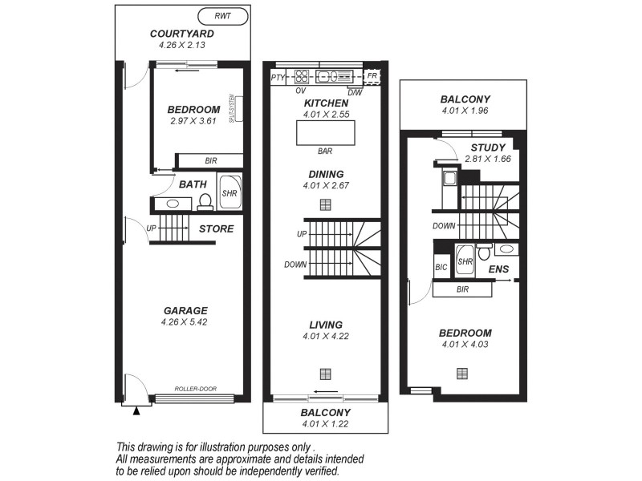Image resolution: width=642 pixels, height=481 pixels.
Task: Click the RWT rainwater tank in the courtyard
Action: tap(222, 15)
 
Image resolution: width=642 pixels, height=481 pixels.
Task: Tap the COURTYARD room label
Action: tap(181, 34)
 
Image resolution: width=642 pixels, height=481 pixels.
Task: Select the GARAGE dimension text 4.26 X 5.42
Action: tap(186, 324)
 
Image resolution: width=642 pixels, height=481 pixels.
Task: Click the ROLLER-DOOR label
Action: tap(196, 389)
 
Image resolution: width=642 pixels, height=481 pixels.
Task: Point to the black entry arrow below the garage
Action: tap(136, 410)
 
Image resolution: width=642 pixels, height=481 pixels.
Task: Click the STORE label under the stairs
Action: tap(216, 229)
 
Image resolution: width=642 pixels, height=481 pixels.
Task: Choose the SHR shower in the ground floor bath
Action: tap(229, 193)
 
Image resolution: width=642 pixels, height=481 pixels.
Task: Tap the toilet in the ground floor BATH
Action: tap(205, 201)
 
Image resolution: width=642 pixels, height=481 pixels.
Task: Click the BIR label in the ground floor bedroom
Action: tap(210, 161)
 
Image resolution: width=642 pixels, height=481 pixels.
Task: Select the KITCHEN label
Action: tap(325, 103)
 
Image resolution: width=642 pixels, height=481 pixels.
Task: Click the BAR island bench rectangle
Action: tap(325, 132)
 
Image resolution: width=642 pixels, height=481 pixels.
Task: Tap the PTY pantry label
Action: tap(278, 78)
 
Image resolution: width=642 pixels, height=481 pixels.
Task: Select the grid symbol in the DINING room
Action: tap(325, 204)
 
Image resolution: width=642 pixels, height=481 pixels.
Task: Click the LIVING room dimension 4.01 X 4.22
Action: tap(325, 337)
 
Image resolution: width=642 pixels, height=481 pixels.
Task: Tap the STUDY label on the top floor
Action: tap(487, 148)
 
